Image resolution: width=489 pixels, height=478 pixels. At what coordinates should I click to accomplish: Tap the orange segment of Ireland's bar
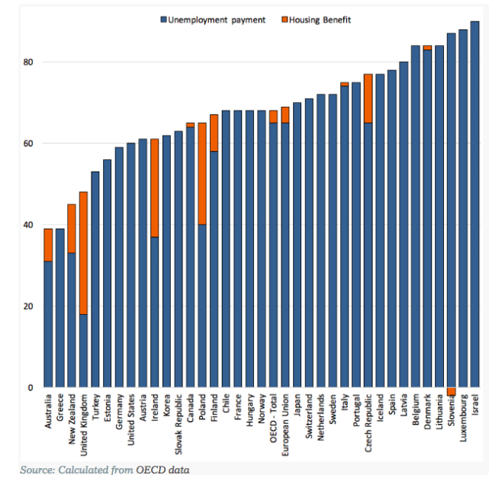pos(155,188)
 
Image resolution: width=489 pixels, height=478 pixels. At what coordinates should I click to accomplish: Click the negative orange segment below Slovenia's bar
pos(451,391)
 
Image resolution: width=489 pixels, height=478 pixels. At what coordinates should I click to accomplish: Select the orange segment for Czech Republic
pos(368,98)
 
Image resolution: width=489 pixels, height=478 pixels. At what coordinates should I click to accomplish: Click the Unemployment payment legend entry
pos(213,20)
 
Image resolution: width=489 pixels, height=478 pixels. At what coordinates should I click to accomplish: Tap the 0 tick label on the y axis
pos(31,388)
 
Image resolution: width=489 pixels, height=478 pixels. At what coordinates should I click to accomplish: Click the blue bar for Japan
pos(297,245)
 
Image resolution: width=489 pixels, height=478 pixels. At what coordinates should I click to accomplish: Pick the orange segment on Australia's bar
pos(48,245)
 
